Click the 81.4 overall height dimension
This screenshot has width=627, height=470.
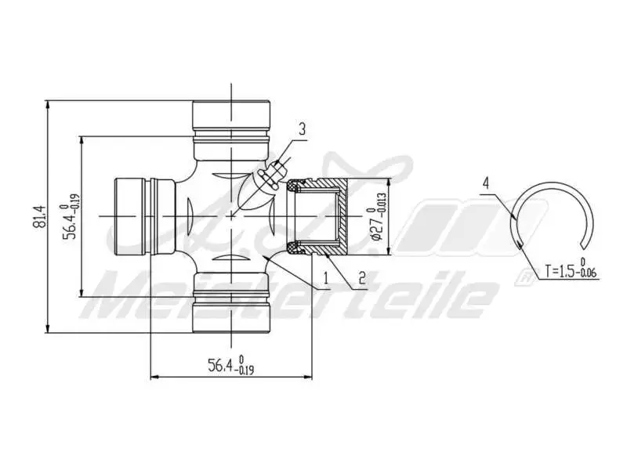click(38, 217)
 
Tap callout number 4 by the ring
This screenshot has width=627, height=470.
click(487, 183)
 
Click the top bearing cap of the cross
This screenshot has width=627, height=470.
click(232, 117)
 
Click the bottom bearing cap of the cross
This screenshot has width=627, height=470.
click(232, 313)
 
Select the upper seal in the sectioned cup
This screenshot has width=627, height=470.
click(295, 186)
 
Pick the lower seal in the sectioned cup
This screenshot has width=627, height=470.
click(295, 248)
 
